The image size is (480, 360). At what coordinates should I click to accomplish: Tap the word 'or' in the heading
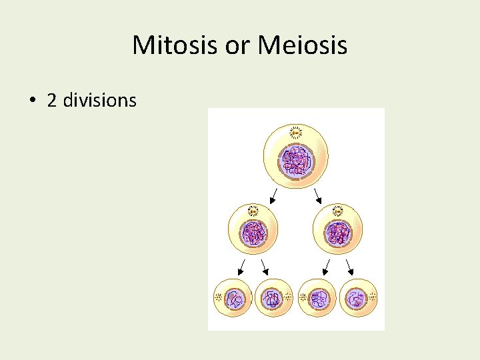[x=239, y=45]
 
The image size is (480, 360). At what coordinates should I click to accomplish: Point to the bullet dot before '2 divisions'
[x=32, y=101]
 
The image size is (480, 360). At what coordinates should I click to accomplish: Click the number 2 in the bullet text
[x=51, y=100]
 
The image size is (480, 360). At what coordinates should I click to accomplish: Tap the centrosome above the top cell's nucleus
[x=295, y=133]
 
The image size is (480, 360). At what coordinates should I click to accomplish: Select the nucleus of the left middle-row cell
[x=253, y=234]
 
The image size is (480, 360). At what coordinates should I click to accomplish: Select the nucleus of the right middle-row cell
[x=337, y=234]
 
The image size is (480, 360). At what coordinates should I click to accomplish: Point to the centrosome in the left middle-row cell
[x=253, y=211]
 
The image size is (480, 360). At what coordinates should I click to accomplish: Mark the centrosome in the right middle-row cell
[x=337, y=211]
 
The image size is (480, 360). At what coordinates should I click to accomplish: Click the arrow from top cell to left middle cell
[x=273, y=196]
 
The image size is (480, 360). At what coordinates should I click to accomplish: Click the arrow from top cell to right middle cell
[x=318, y=196]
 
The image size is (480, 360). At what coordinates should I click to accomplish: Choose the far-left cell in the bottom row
[x=232, y=299]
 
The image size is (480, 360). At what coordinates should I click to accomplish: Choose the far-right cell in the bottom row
[x=359, y=299]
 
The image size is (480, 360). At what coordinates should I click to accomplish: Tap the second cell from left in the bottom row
[x=273, y=299]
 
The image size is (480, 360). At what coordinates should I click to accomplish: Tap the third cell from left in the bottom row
[x=317, y=299]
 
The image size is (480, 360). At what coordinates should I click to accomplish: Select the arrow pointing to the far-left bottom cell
[x=241, y=267]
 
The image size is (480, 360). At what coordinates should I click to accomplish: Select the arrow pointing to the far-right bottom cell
[x=349, y=267]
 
